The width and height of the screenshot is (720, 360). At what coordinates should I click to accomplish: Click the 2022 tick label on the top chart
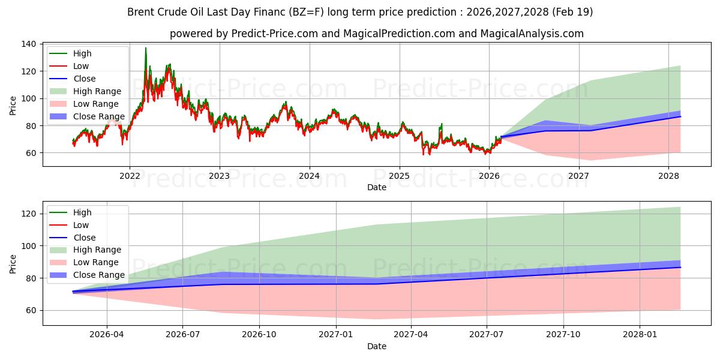(130, 176)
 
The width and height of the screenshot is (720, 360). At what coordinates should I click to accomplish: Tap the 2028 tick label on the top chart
(668, 176)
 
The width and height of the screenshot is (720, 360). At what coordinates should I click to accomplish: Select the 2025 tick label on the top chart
(399, 176)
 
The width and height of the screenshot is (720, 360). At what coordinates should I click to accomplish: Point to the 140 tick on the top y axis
(29, 44)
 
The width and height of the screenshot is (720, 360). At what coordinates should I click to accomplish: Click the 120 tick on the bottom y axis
(29, 214)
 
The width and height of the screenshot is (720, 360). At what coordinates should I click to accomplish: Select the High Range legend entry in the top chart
(97, 91)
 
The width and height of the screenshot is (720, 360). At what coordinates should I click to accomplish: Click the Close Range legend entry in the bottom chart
(99, 275)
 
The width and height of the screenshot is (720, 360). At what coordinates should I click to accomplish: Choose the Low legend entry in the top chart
(81, 66)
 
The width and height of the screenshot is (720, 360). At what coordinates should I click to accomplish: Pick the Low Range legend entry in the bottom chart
(96, 263)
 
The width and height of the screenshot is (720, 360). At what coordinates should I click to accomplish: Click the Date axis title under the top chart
(377, 187)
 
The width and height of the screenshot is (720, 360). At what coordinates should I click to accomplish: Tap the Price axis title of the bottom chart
(13, 263)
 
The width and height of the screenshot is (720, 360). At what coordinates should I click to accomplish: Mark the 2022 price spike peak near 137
(145, 48)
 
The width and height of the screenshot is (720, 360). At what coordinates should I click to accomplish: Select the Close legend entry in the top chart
(84, 79)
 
